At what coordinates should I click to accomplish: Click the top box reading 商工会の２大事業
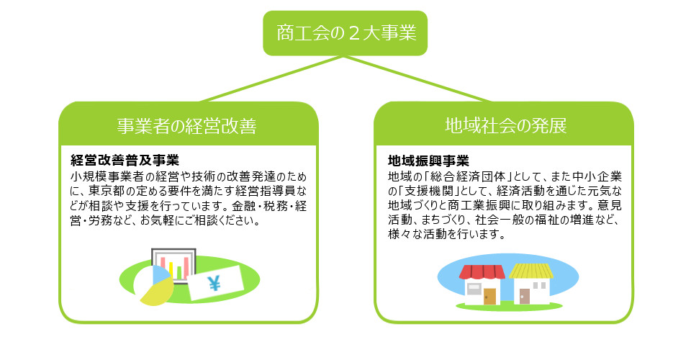tap(346, 33)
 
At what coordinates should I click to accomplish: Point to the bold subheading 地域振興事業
tap(428, 160)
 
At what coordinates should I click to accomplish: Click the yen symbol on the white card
tap(214, 283)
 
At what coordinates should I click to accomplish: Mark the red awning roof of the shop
tap(482, 272)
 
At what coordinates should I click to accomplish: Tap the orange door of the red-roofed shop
tap(490, 296)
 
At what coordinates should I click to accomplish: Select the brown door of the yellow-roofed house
tap(524, 296)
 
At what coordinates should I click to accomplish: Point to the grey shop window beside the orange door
tap(474, 289)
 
